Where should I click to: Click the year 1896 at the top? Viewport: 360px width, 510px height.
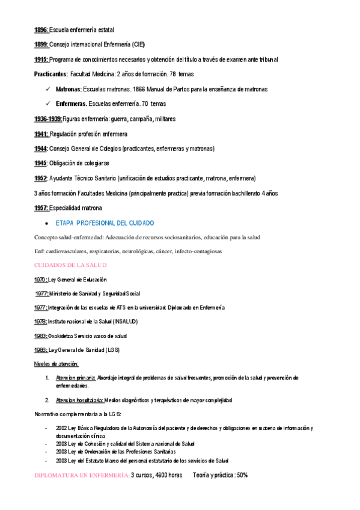point(41,29)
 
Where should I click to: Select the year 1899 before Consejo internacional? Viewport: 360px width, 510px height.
point(41,45)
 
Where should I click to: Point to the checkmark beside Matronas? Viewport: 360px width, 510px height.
point(47,89)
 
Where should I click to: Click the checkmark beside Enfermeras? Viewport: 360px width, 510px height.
point(47,104)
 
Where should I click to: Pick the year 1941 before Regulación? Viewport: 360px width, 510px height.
point(41,134)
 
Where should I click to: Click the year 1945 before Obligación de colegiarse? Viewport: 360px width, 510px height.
point(41,164)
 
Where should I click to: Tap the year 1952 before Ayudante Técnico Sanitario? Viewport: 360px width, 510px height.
point(41,179)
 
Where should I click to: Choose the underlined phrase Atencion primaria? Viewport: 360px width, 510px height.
point(75,378)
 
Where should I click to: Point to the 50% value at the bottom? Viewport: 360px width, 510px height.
point(240,475)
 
